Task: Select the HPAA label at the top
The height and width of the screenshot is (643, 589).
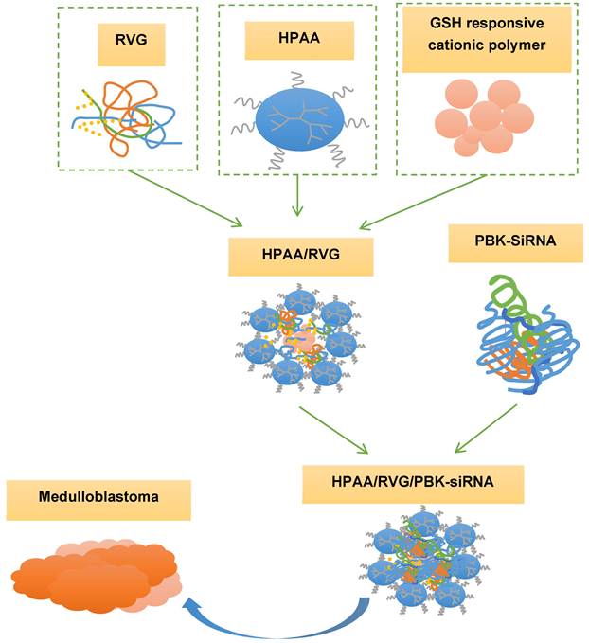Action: pyautogui.click(x=294, y=42)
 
